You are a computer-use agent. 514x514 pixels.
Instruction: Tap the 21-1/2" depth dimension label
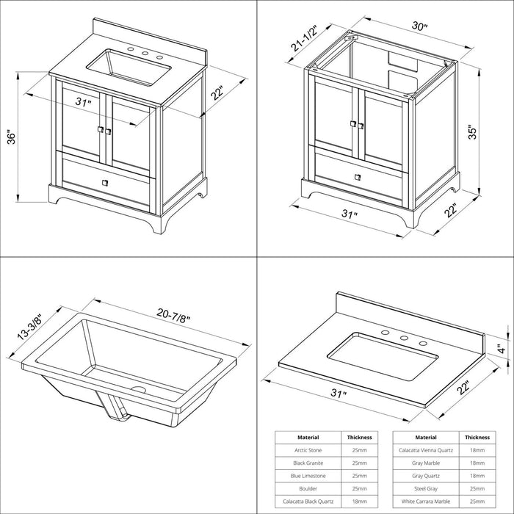pos(305,38)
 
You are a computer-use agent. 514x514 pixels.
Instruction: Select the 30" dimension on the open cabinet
pos(419,26)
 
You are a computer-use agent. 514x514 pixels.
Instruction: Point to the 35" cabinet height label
pos(472,131)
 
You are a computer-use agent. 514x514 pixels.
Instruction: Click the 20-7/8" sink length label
pos(173,315)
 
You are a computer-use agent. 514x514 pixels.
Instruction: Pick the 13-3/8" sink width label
pos(30,325)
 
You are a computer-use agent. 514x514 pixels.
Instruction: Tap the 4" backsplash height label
pos(502,349)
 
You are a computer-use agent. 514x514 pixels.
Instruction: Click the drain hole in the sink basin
pos(138,390)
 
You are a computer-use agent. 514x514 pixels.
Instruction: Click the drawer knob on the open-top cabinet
pos(358,177)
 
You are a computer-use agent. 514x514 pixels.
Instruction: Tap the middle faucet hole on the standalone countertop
pos(404,338)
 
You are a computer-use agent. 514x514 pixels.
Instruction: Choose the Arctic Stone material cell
pos(308,450)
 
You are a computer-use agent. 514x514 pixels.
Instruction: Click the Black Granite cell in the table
pos(308,463)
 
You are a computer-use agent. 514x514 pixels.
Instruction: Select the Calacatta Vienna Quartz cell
pos(426,450)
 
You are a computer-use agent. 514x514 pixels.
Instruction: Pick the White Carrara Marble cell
pos(426,502)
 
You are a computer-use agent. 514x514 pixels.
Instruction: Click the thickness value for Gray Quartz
pos(477,476)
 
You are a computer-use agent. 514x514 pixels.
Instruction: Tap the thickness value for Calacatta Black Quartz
pos(360,502)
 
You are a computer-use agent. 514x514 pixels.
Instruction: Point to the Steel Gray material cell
pos(426,489)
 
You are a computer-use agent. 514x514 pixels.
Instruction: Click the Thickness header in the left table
pos(360,438)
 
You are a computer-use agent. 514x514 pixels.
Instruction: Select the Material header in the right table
pos(426,438)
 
